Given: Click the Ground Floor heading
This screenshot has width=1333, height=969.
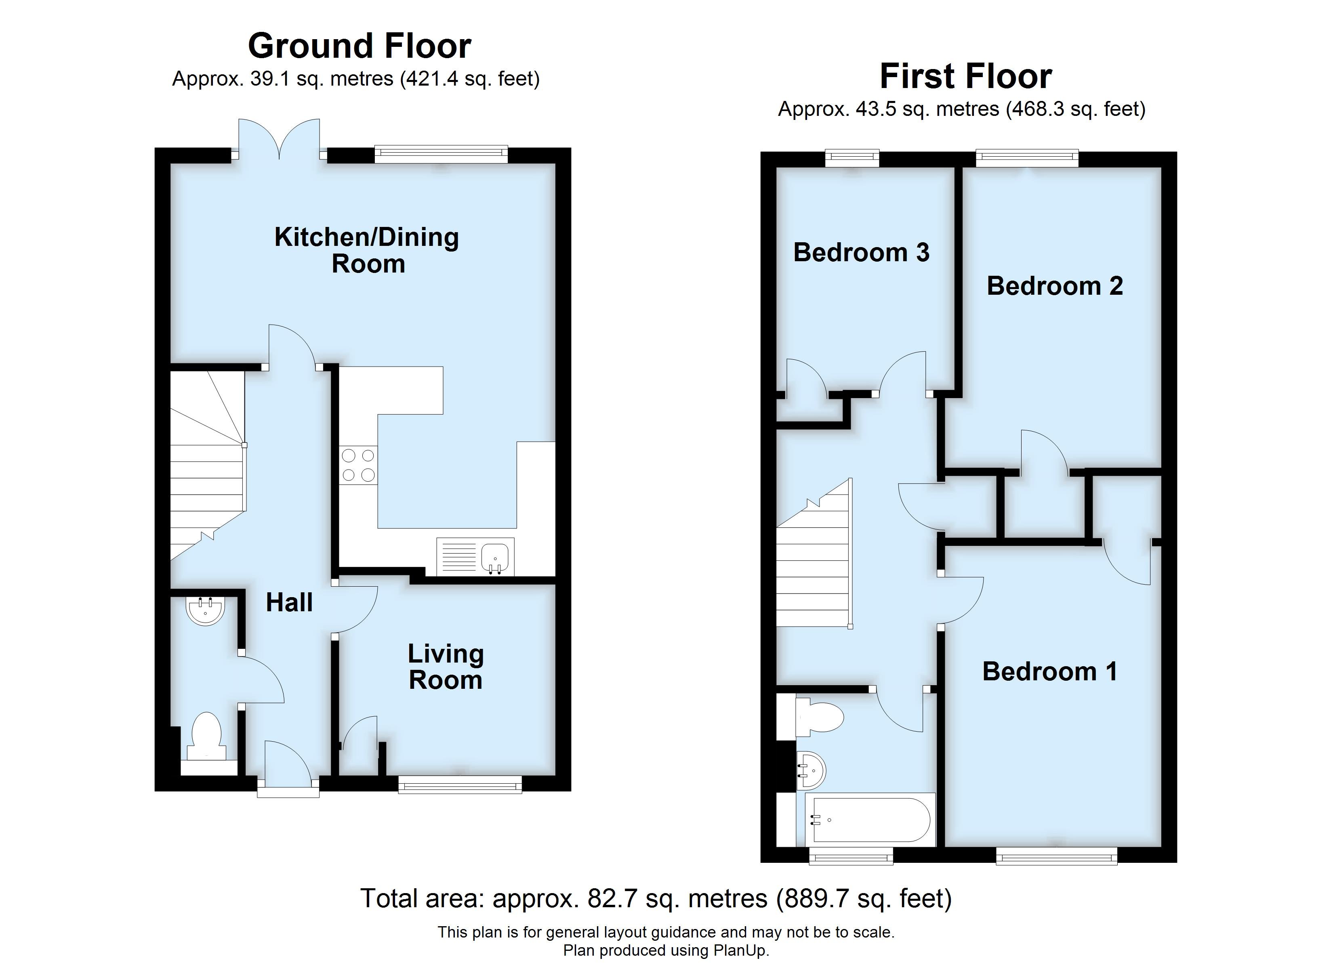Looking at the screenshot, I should click(359, 46).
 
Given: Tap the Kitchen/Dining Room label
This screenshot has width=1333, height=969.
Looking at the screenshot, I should click(367, 250).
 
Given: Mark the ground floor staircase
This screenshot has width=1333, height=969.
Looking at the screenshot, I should click(207, 470).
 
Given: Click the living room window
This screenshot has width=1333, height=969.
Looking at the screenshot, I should click(460, 784).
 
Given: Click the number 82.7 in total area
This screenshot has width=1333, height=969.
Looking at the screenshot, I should click(612, 898).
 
